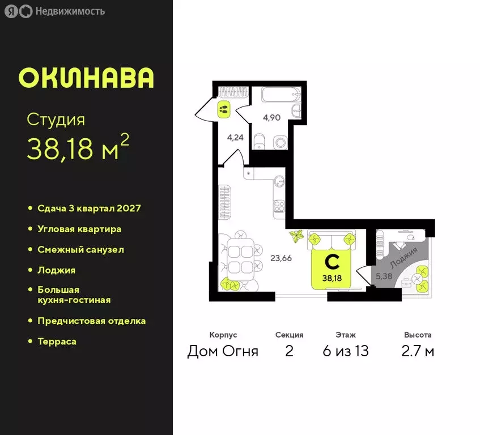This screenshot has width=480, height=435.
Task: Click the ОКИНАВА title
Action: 86,78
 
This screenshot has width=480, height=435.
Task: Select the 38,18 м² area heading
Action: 78,149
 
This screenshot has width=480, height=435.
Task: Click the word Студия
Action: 56,120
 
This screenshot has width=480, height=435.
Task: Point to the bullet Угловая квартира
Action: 79,229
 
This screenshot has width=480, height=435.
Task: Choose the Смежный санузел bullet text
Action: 80,249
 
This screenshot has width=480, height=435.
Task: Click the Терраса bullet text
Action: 57,341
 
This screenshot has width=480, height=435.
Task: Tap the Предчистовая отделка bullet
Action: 91,321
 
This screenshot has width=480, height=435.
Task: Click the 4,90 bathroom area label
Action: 271,118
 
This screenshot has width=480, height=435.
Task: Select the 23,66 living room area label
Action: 281,258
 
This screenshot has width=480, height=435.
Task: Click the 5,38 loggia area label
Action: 385,276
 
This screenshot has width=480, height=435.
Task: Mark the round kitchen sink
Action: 279,181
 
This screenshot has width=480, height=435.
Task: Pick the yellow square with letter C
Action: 331,268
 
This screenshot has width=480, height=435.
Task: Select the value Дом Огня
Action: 223,351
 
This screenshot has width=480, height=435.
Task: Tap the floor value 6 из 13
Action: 345,351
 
